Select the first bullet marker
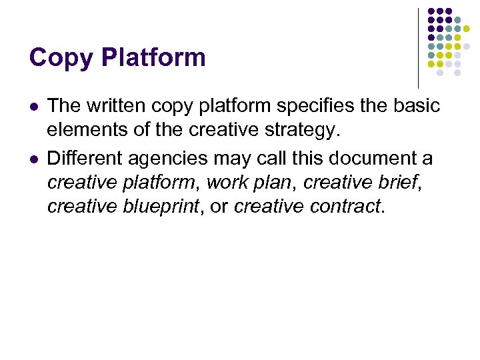click(x=34, y=107)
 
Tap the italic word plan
click(x=275, y=183)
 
